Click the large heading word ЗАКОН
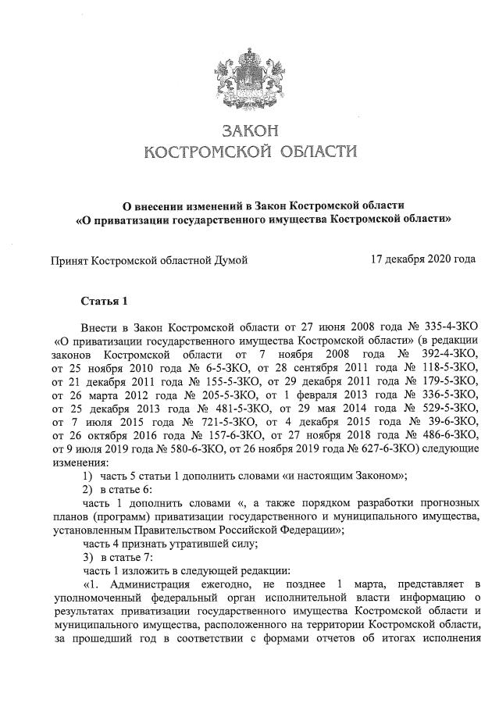click(251, 128)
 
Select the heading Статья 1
click(104, 300)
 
